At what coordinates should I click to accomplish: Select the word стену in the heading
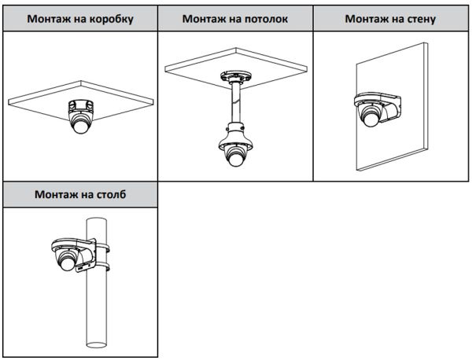click(x=417, y=18)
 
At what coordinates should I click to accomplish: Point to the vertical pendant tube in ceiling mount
click(x=235, y=106)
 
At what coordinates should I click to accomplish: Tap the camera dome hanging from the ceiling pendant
click(x=235, y=156)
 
